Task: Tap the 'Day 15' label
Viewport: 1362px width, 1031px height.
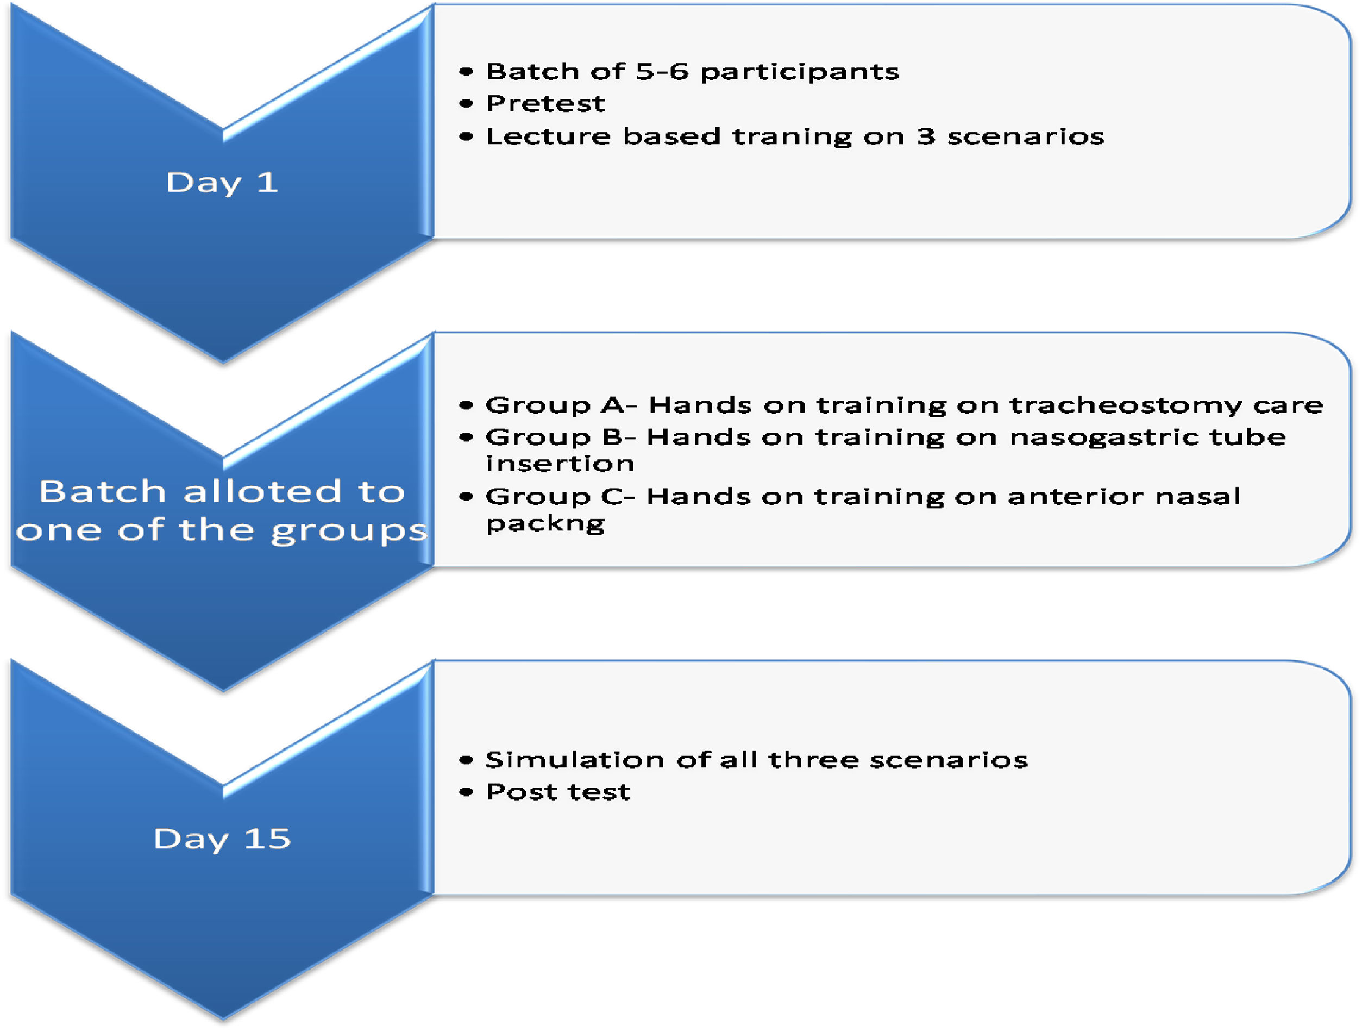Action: (x=222, y=839)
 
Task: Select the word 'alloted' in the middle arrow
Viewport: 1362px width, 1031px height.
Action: (x=262, y=491)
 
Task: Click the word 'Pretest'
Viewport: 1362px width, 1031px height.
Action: (x=545, y=103)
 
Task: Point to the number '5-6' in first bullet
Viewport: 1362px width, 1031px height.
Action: (x=662, y=71)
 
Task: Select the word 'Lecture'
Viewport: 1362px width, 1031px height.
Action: (x=549, y=136)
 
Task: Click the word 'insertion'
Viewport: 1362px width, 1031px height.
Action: (x=560, y=463)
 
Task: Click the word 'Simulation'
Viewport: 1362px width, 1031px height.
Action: (x=574, y=760)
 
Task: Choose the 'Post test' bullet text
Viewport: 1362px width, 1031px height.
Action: (x=558, y=792)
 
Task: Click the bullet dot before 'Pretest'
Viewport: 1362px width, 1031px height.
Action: (x=466, y=103)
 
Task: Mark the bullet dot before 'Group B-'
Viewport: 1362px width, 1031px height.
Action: (x=466, y=438)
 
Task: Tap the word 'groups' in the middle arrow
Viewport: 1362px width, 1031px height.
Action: (x=349, y=531)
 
